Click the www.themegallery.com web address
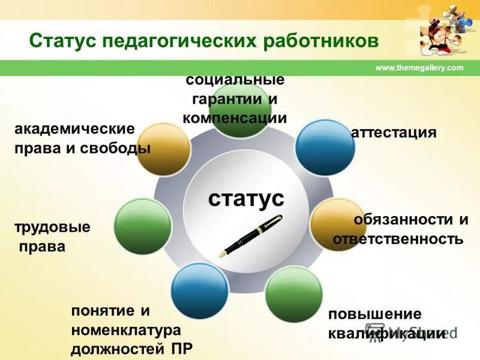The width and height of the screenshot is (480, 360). point(419,68)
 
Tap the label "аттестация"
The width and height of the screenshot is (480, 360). point(393,132)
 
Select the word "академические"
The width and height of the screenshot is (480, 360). point(74,129)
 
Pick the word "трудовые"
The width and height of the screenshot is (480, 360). point(52,227)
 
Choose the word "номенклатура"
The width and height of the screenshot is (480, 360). point(125,329)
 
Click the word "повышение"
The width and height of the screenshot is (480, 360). point(375,314)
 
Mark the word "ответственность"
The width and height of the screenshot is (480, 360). point(398,239)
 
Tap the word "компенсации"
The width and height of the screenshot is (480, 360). point(235,118)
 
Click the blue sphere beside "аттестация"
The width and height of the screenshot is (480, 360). point(325,147)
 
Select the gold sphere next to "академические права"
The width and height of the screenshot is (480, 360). point(163,150)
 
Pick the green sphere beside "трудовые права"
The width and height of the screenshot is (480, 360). point(143,226)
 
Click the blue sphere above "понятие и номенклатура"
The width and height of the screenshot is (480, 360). point(199,290)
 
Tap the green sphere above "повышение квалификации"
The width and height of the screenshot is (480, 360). point(294,295)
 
